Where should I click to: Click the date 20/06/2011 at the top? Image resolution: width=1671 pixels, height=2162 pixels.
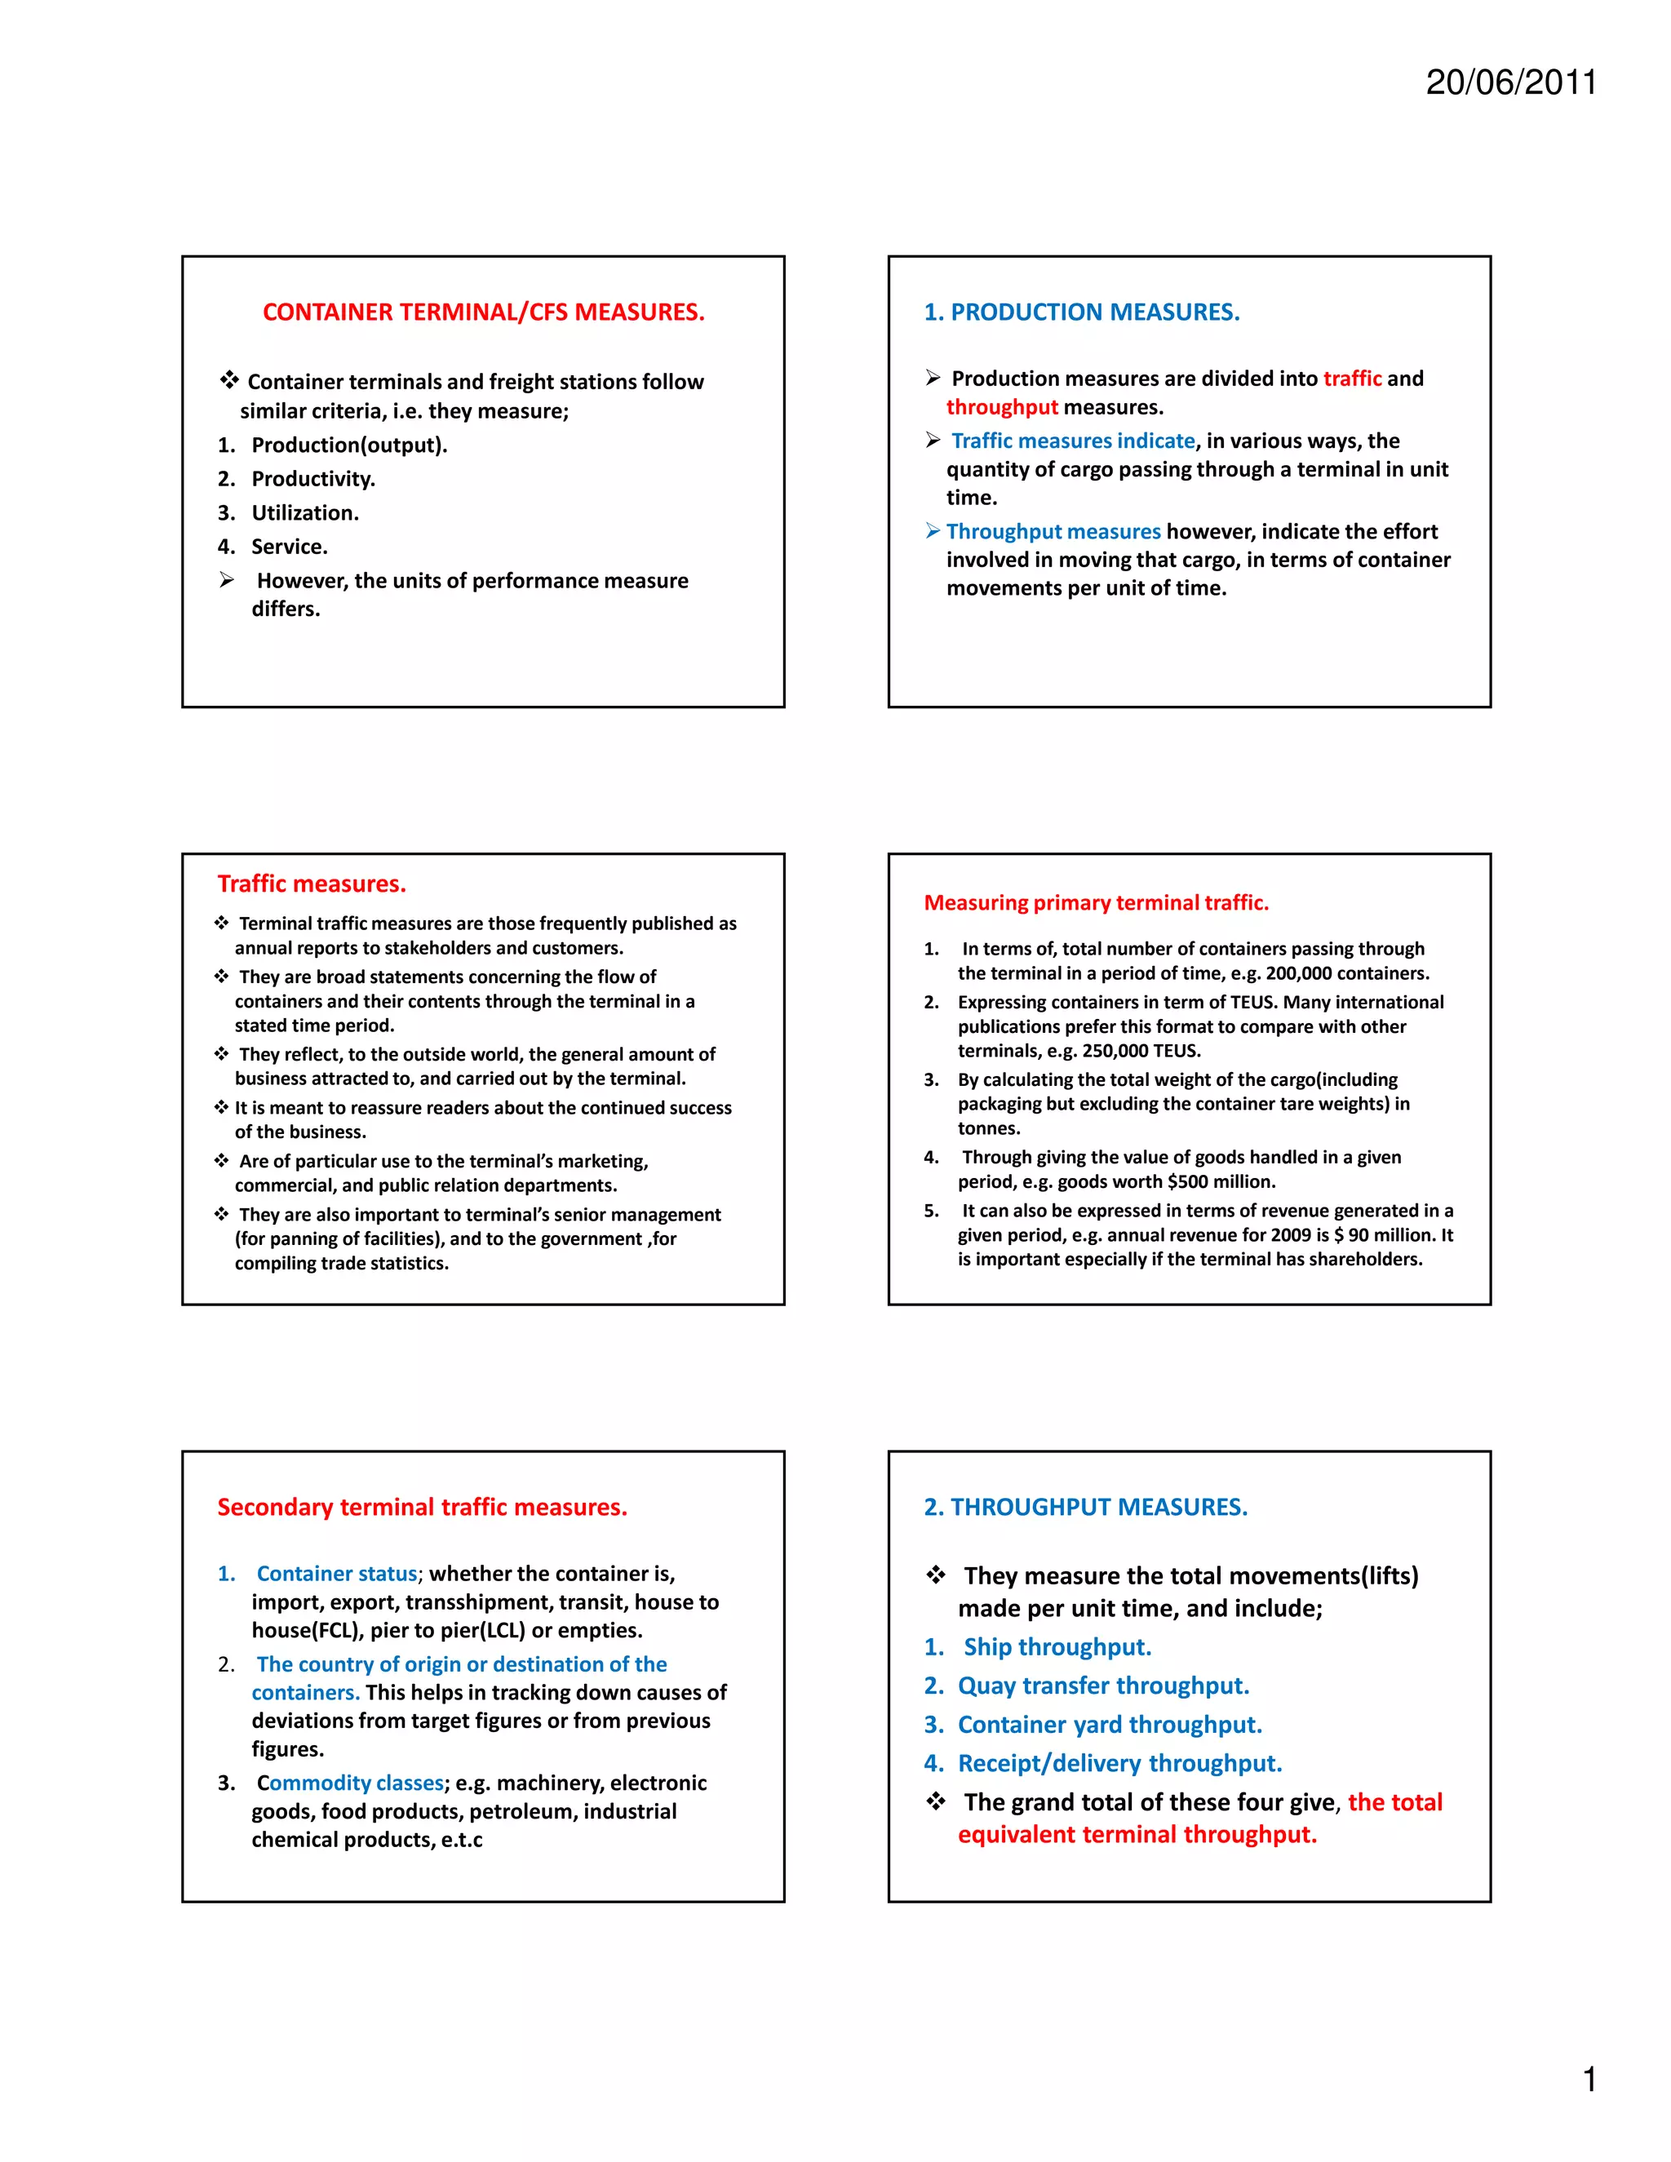tap(1510, 82)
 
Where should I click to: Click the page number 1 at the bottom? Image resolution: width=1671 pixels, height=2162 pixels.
tap(1589, 2079)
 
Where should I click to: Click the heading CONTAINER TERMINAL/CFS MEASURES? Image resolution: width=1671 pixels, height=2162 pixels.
tap(483, 312)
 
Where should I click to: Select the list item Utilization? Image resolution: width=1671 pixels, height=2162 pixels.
tap(305, 513)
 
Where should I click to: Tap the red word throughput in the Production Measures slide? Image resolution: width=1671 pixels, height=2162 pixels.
tap(1002, 407)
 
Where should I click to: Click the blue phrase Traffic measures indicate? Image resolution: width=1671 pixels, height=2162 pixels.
tap(1073, 441)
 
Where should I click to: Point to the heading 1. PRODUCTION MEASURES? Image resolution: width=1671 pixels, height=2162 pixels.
tap(1081, 312)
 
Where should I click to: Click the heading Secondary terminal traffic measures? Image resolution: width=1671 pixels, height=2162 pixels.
tap(423, 1507)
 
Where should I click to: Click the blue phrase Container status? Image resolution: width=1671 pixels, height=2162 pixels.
tap(337, 1573)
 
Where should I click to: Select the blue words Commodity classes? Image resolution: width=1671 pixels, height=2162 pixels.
tap(350, 1782)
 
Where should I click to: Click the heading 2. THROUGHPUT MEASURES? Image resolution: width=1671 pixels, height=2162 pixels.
tap(1085, 1507)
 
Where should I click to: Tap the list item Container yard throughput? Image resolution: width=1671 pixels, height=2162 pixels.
tap(1110, 1725)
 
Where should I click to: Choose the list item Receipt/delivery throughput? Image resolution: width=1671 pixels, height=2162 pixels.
tap(1119, 1763)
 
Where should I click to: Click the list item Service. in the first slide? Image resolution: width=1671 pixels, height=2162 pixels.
tap(289, 547)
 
